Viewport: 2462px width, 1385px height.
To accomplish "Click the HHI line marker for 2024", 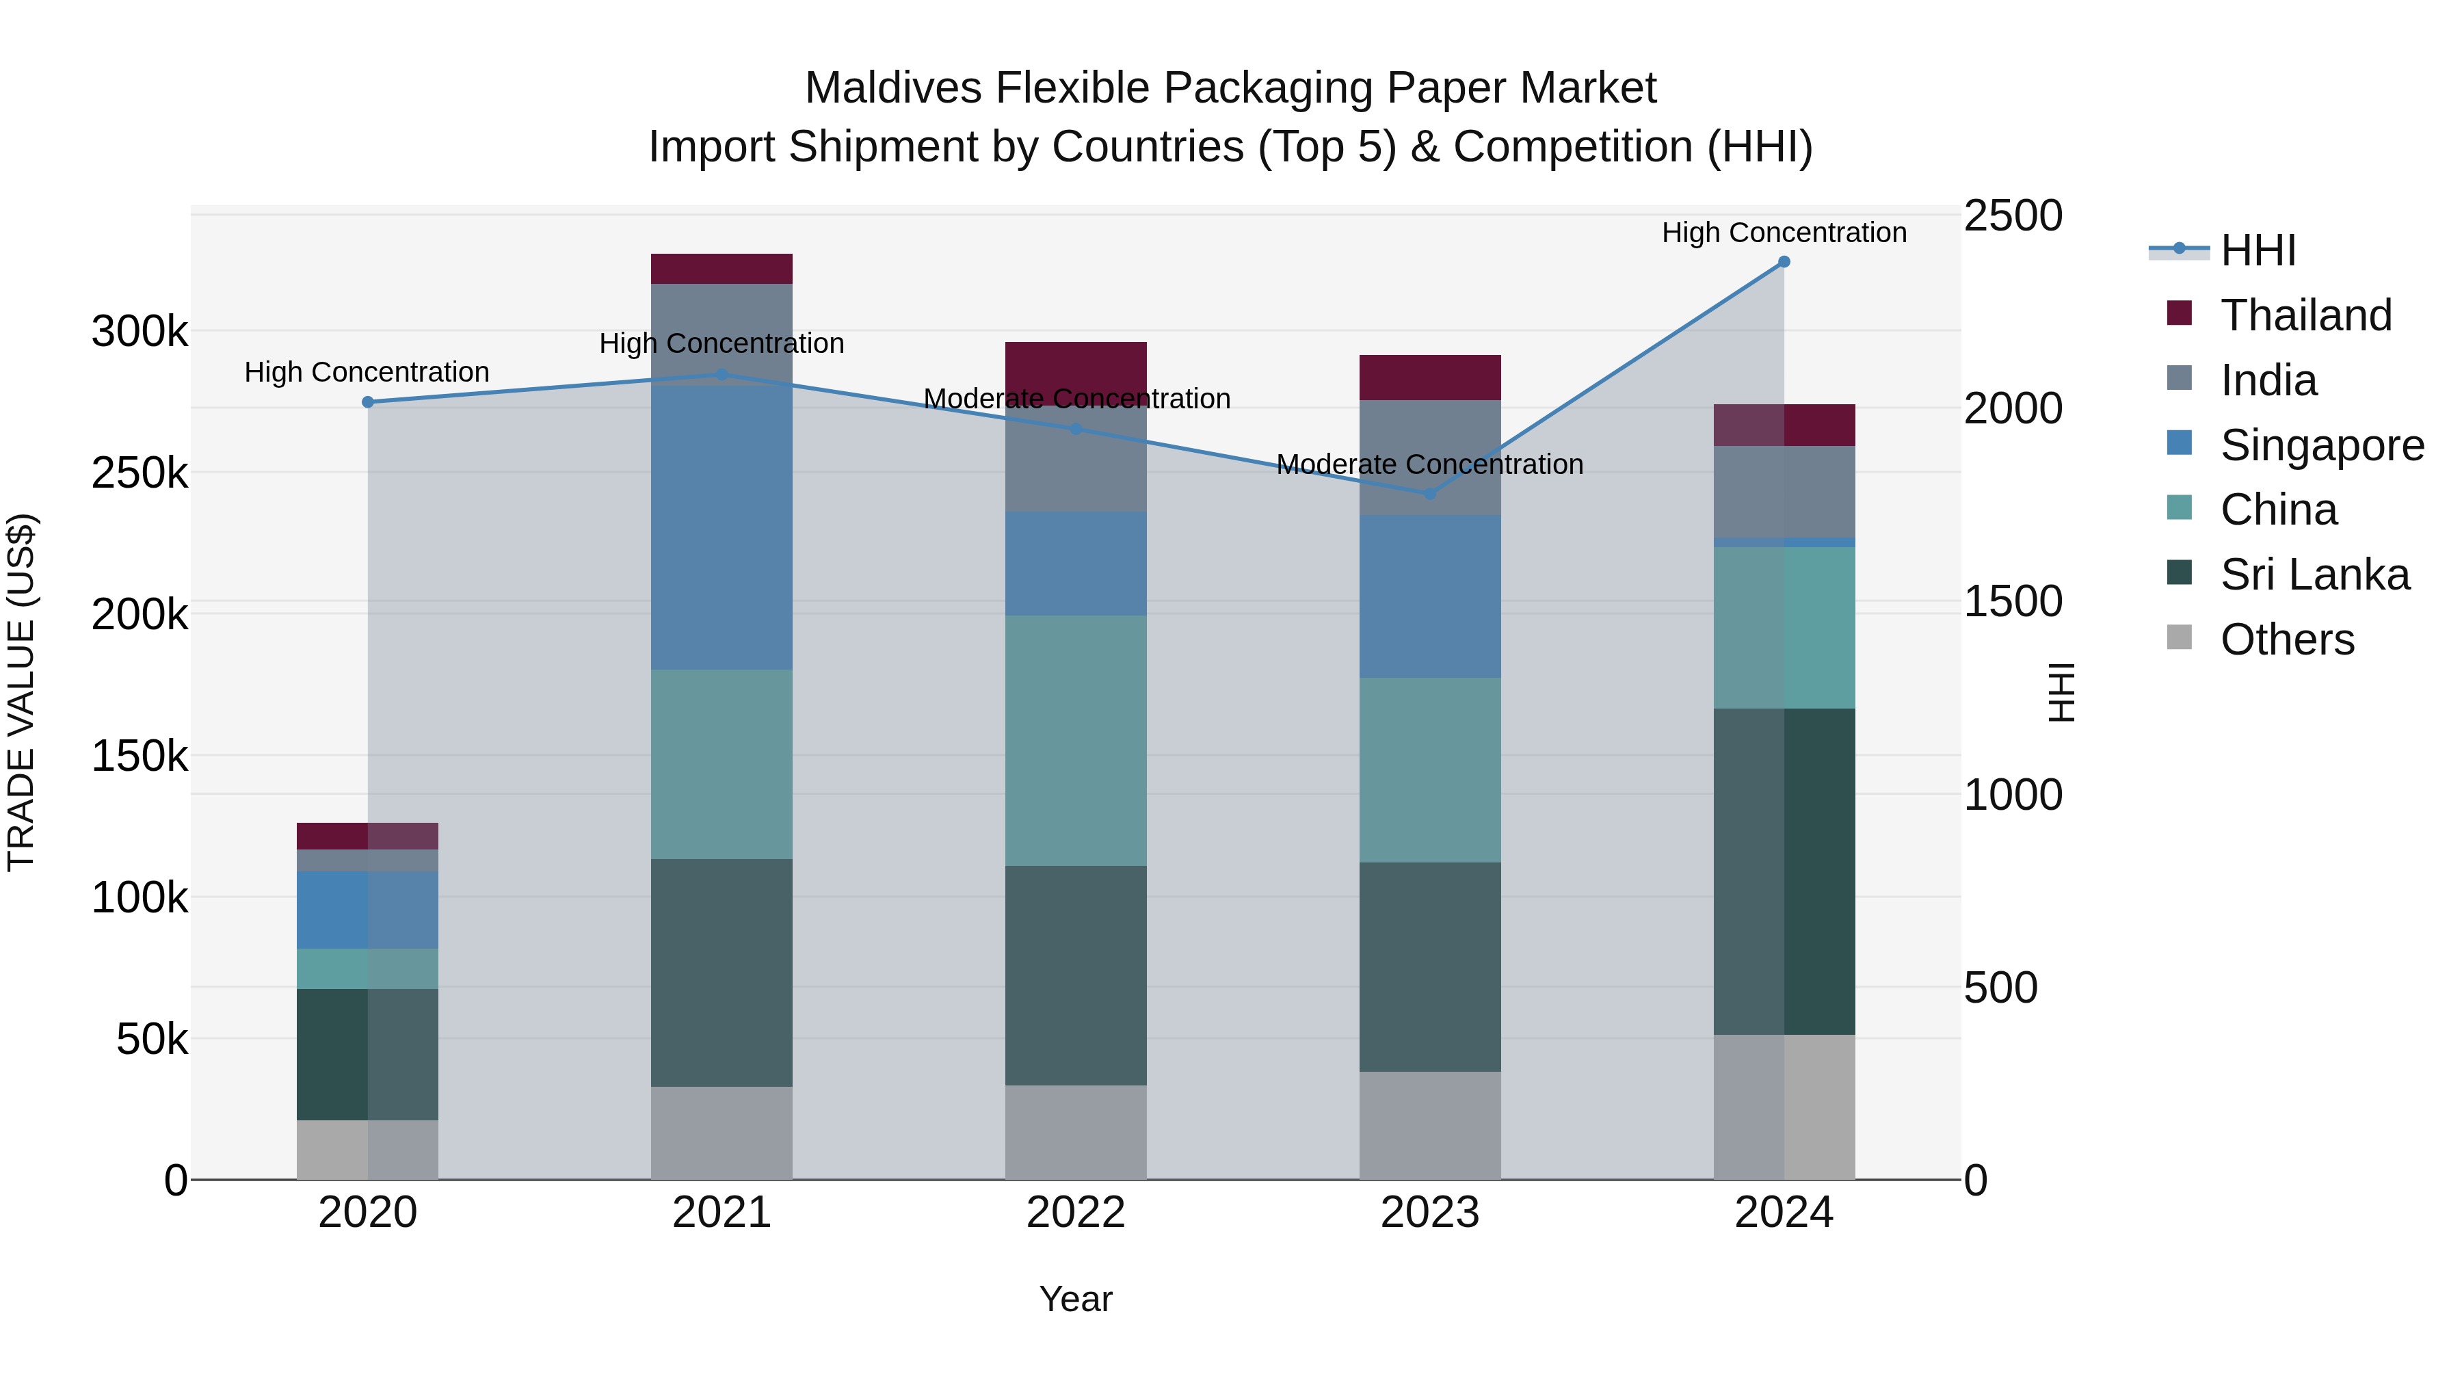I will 1784,262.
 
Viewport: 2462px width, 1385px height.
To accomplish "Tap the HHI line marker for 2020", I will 368,402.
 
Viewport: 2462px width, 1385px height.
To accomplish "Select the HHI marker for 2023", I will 1430,494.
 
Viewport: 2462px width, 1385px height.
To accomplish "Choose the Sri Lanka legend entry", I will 2314,575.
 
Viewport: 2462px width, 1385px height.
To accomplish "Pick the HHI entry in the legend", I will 2258,250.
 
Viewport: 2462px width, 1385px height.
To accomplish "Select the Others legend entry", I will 2286,639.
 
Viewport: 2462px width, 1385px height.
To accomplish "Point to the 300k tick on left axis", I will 140,332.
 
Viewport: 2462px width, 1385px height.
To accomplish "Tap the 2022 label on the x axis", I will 1075,1213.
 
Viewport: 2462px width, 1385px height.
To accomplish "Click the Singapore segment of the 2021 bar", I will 722,526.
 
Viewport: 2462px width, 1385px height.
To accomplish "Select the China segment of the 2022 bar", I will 1075,741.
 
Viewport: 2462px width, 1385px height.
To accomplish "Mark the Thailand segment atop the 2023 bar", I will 1430,378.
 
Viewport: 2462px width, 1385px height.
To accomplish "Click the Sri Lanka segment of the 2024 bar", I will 1784,872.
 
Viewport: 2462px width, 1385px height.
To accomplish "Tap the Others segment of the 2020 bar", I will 368,1150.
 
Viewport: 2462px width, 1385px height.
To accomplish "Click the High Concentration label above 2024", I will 1784,233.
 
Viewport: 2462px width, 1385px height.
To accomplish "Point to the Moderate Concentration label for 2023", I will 1430,464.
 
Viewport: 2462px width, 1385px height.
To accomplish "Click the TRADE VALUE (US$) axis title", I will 21,692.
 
